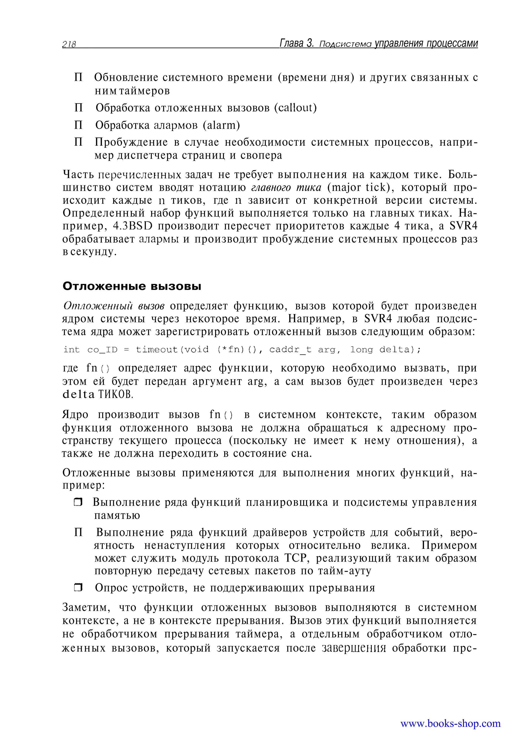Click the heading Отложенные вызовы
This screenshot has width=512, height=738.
tap(132, 286)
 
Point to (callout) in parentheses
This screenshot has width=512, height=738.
tap(295, 108)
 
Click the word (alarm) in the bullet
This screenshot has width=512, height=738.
tap(221, 125)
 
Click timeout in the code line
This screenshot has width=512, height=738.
tap(156, 350)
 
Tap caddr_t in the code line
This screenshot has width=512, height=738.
tap(290, 350)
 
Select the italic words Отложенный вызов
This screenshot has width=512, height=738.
tap(114, 306)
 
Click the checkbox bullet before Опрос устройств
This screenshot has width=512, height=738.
tap(78, 588)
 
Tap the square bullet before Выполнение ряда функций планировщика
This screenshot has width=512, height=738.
tap(78, 502)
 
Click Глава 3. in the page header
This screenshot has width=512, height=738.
tap(297, 43)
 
